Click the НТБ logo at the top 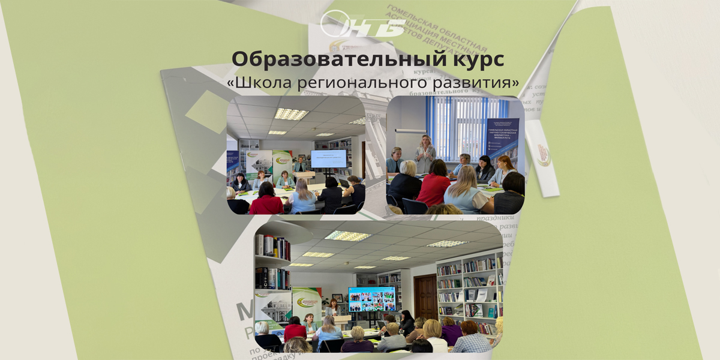click(362, 25)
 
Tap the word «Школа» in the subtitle click(259, 82)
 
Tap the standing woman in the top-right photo click(425, 153)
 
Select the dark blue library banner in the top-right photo click(503, 141)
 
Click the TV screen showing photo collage click(371, 298)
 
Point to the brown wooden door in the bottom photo click(425, 297)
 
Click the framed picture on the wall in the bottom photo click(337, 298)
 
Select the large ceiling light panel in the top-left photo click(291, 113)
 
